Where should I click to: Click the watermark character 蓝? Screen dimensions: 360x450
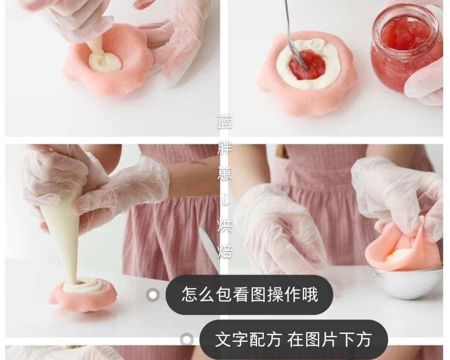(225, 122)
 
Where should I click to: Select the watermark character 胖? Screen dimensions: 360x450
(225, 147)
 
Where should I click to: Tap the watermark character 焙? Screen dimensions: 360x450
(225, 251)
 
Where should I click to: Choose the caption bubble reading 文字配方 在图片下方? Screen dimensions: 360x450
(293, 340)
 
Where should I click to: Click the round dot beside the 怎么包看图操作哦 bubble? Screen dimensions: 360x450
(152, 295)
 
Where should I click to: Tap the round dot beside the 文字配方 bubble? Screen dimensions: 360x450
(187, 340)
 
